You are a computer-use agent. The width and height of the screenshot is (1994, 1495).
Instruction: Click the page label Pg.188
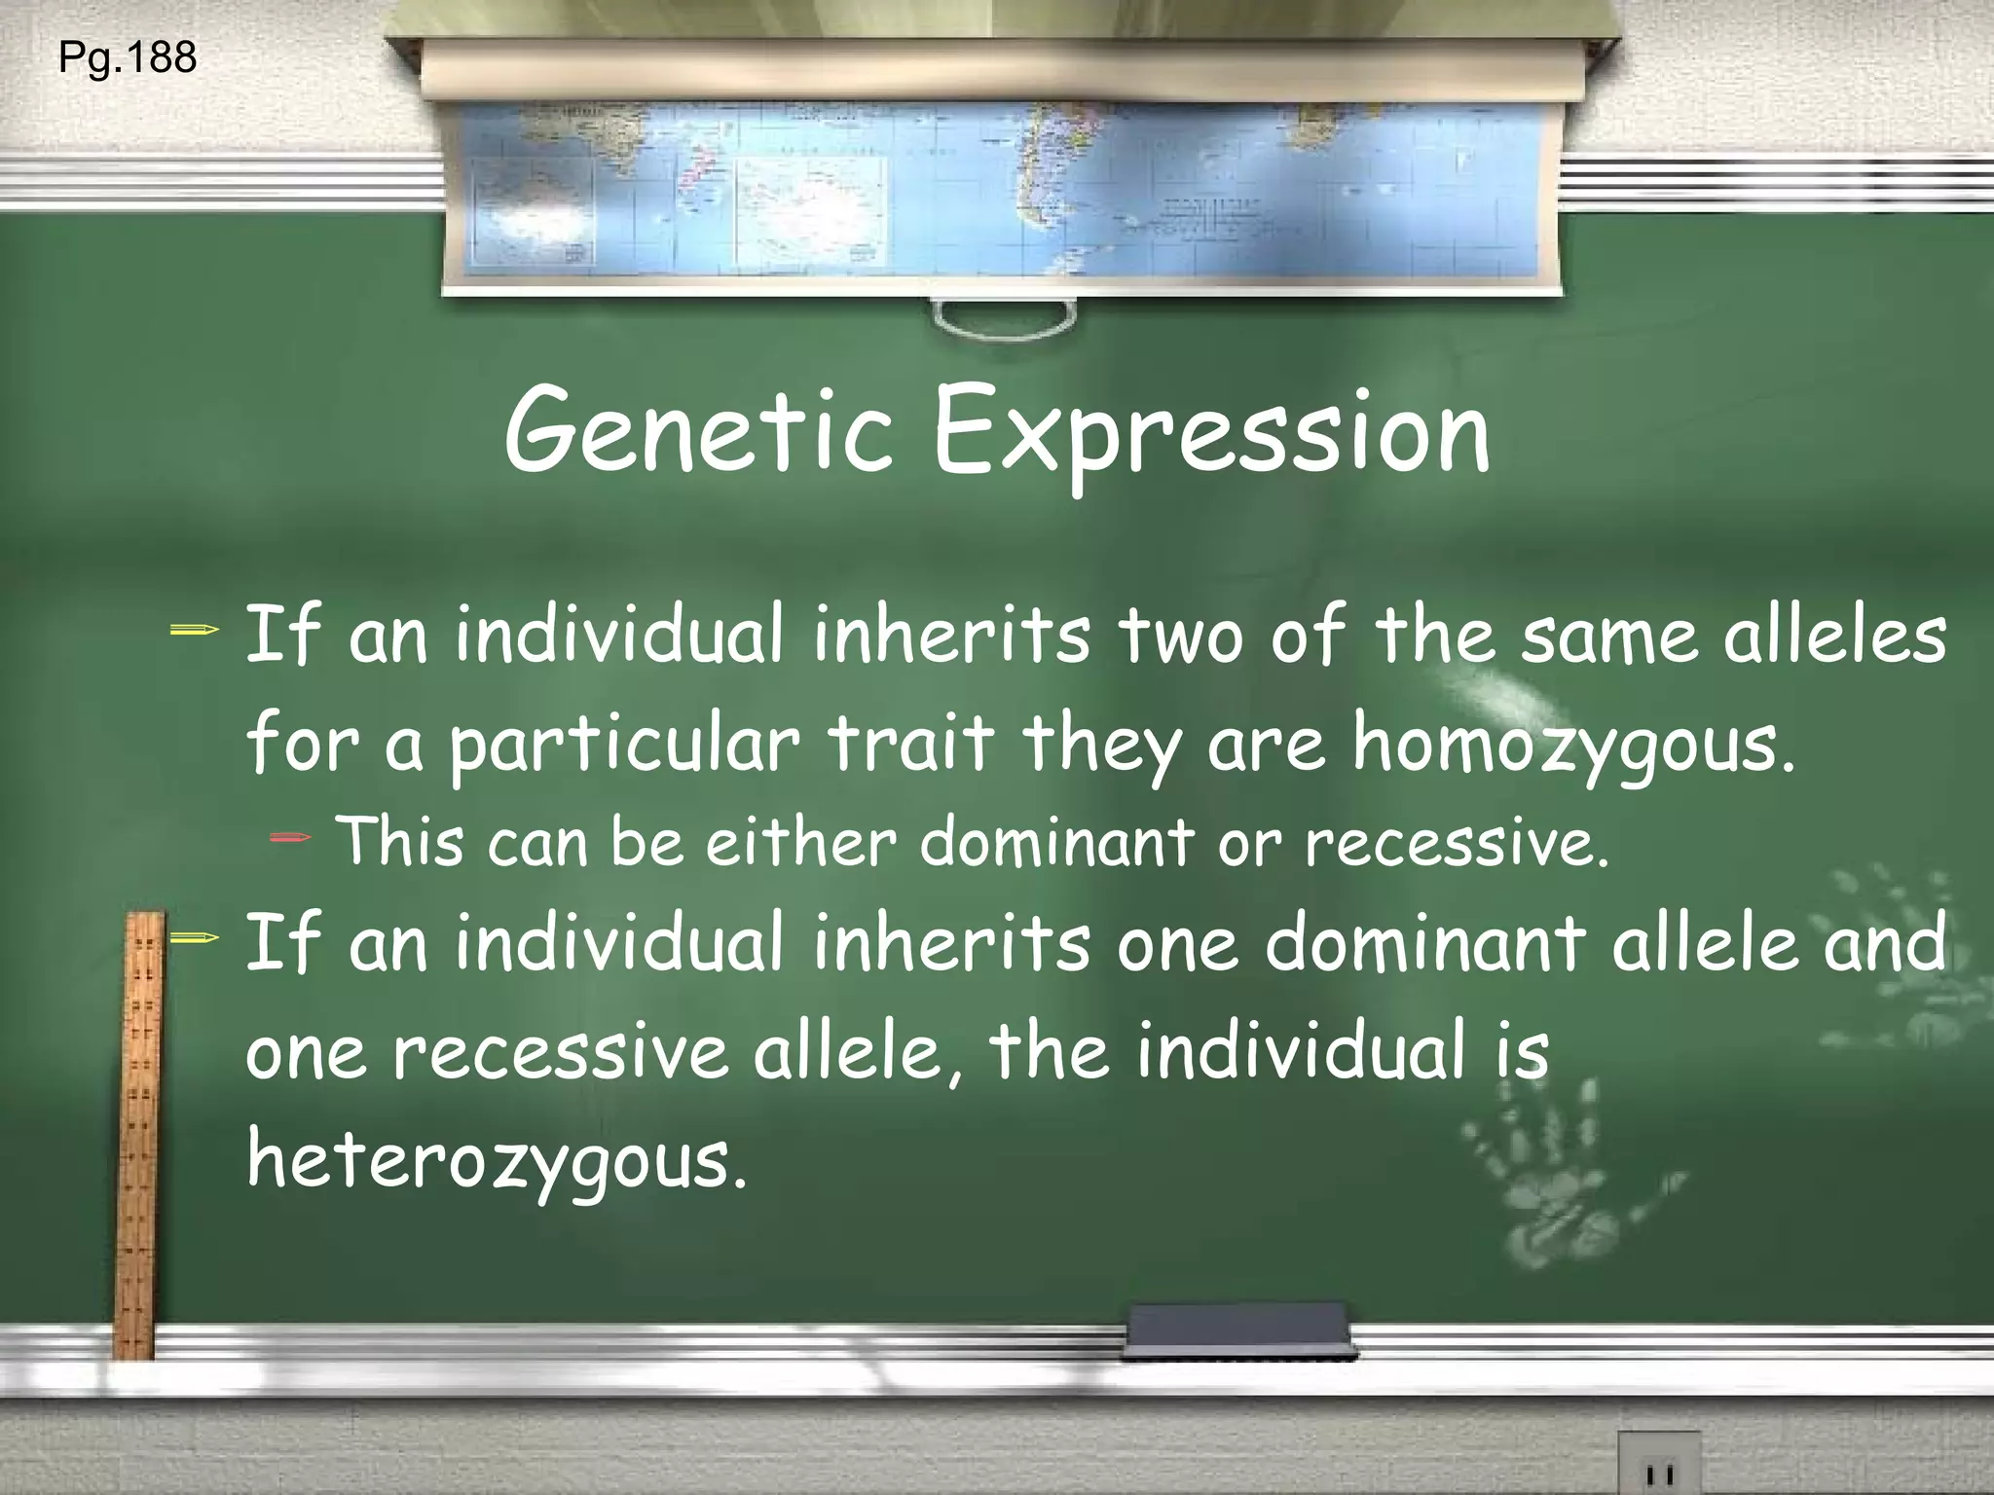pos(128,58)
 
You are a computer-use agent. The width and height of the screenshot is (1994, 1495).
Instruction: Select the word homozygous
pos(1572,746)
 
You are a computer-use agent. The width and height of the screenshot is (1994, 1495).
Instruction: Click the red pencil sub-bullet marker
pos(290,836)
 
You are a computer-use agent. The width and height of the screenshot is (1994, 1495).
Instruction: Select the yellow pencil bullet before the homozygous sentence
pos(194,632)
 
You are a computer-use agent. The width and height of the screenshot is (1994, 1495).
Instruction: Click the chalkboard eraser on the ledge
pos(1238,1329)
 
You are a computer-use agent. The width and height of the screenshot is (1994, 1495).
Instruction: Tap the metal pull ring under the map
pos(1004,318)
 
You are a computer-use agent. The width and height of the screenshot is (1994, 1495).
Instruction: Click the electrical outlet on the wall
pos(1659,1465)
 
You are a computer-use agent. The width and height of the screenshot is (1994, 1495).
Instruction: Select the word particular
pos(623,746)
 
